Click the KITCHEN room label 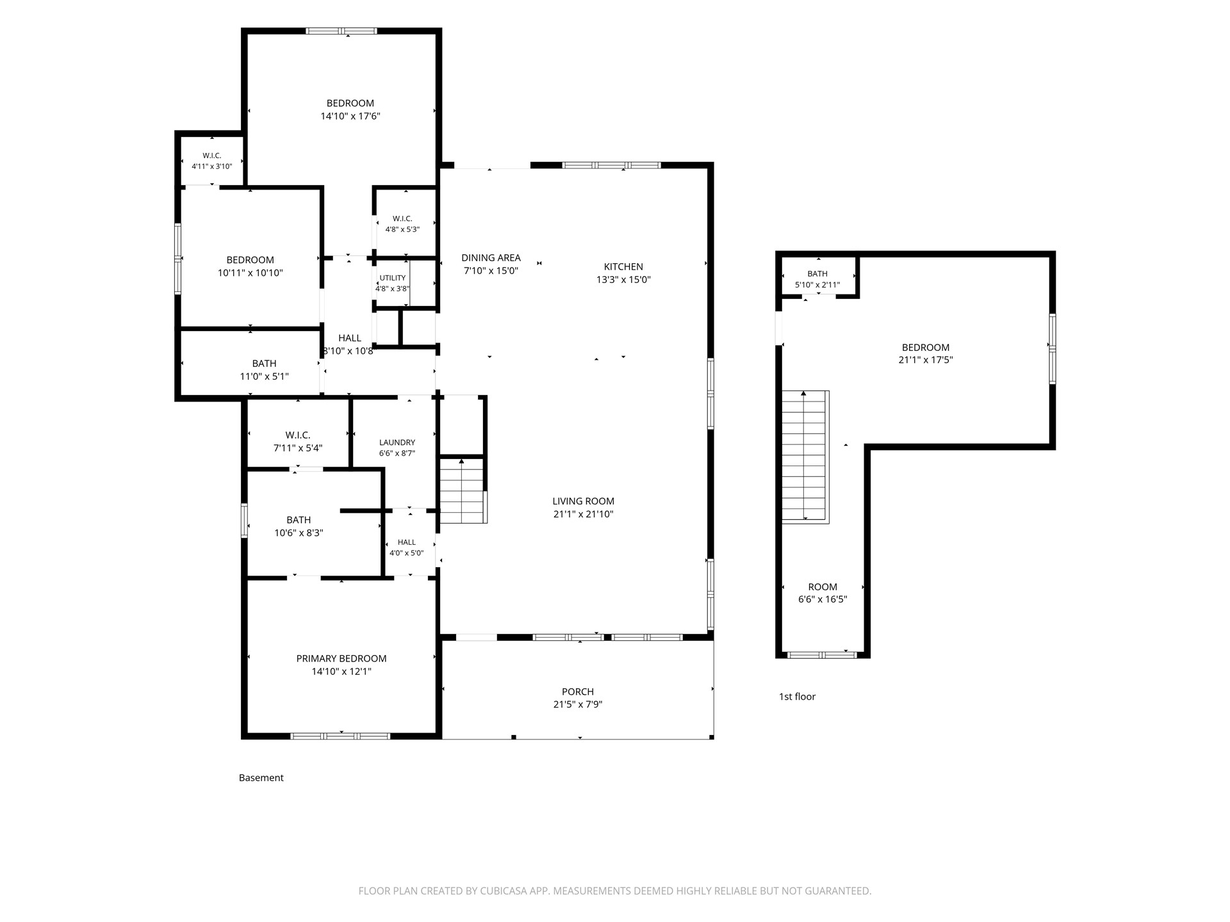click(x=623, y=267)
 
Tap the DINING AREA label click(x=491, y=258)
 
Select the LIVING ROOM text click(x=583, y=501)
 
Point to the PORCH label click(x=578, y=691)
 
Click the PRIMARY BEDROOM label click(x=341, y=659)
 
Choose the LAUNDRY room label click(x=397, y=442)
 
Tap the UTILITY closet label click(x=393, y=278)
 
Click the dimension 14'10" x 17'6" click(x=350, y=117)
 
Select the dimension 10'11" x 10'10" click(x=250, y=273)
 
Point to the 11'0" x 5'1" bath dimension click(x=264, y=376)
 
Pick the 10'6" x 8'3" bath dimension click(x=299, y=533)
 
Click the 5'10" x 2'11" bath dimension click(x=817, y=285)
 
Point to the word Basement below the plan click(x=261, y=778)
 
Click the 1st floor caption click(x=797, y=697)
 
